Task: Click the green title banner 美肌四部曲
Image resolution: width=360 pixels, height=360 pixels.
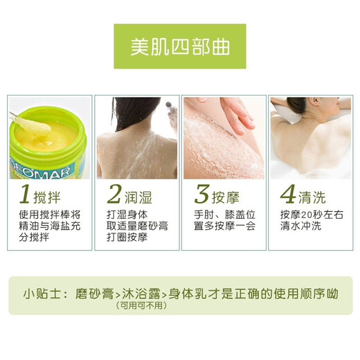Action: click(x=179, y=46)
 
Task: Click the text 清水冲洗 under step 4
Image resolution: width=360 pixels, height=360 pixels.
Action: click(x=301, y=226)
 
